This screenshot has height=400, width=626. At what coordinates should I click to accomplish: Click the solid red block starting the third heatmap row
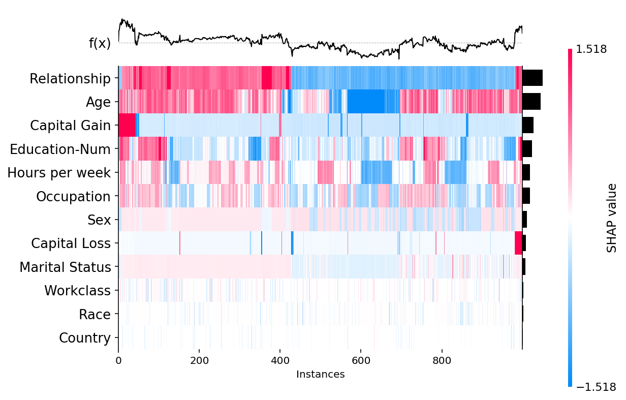[127, 125]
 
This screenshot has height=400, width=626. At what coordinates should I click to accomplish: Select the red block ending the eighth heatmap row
[518, 243]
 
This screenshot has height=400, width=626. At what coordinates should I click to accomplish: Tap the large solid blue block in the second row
[366, 101]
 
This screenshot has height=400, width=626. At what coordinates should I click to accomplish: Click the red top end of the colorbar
[570, 51]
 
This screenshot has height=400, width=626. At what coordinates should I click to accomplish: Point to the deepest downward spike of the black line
[398, 58]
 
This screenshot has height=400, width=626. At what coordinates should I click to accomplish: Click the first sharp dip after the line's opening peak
[136, 44]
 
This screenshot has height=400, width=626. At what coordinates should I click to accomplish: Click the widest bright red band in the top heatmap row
[267, 78]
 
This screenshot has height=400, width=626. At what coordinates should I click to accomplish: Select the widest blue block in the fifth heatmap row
[376, 172]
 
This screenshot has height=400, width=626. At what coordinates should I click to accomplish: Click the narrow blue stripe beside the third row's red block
[137, 125]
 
